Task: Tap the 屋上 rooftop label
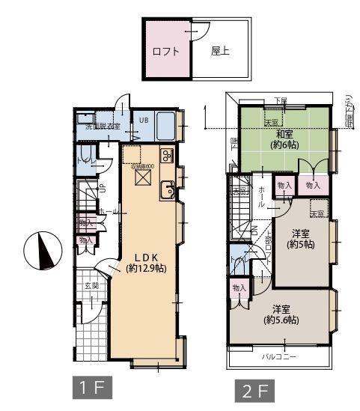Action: [x=219, y=52]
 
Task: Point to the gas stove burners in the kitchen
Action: [x=166, y=156]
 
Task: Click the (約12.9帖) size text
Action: [x=145, y=267]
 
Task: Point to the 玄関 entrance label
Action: [x=91, y=286]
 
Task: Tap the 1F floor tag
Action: [x=92, y=389]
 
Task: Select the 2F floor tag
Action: [x=255, y=390]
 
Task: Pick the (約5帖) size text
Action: [x=302, y=244]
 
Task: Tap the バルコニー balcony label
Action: [x=278, y=357]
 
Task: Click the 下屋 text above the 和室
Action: [x=280, y=100]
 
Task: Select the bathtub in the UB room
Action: [x=166, y=124]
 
